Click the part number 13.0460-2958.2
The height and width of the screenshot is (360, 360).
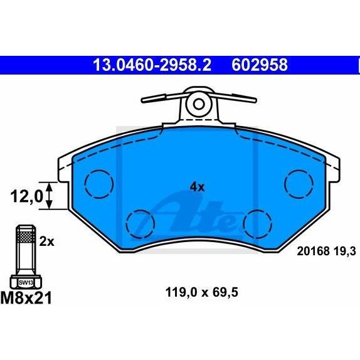point(152,65)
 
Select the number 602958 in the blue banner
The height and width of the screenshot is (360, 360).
point(260,65)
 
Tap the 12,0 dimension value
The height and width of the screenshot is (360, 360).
point(26,197)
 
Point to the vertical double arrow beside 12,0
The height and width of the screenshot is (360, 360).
point(50,196)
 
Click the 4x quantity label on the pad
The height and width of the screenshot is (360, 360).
point(197,188)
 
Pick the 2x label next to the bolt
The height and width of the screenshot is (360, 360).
point(47,241)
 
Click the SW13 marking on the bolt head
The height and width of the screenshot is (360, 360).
point(26,283)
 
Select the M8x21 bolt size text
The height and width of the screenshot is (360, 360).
point(26,298)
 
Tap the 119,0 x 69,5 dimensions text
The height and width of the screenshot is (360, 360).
point(201,293)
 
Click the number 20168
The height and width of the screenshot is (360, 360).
point(314,251)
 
